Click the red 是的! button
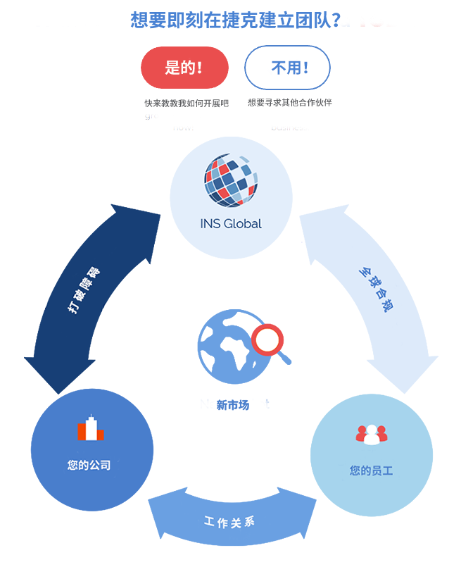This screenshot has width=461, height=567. tap(184, 68)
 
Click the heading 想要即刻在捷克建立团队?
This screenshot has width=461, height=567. tap(236, 20)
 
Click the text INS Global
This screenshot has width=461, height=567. tap(231, 224)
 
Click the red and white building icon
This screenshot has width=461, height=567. tap(90, 428)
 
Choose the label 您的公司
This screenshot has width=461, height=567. tap(89, 465)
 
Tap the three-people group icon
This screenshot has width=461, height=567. tap(371, 435)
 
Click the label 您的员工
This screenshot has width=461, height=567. tap(371, 470)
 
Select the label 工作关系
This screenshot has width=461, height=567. tap(229, 522)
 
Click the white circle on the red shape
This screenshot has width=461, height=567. tap(267, 340)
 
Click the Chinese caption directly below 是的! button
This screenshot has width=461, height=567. tap(187, 103)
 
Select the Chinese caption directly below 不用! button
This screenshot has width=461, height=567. tap(289, 102)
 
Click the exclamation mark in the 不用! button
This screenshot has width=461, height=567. tap(305, 68)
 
